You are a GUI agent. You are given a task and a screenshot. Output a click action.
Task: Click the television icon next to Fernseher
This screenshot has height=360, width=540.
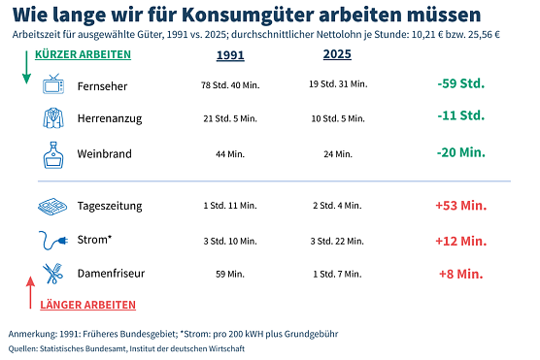coord(53,84)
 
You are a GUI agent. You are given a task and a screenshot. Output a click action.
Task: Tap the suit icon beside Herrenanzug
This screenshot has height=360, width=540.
coord(53,118)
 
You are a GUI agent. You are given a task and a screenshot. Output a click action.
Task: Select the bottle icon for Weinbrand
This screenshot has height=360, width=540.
coord(53,153)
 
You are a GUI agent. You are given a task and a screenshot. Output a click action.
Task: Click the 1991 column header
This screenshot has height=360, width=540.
coord(230,54)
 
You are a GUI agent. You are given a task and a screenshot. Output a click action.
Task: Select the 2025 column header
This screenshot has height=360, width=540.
coord(337,54)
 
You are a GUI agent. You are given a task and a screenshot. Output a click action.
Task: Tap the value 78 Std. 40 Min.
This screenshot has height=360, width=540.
coord(230,85)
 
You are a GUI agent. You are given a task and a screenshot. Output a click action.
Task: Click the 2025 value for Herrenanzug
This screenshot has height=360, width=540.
coord(337,119)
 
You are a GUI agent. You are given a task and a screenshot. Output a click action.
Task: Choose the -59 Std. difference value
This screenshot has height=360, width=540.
coord(459,83)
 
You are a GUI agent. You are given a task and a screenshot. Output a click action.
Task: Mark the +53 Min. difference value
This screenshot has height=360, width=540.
coord(459,206)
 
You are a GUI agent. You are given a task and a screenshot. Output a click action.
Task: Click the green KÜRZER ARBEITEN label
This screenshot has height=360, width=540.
coord(82,54)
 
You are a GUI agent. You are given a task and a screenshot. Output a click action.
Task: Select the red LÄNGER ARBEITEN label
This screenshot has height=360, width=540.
coord(87,305)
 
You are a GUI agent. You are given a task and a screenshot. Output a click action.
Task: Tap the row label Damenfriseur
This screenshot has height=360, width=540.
coord(111,274)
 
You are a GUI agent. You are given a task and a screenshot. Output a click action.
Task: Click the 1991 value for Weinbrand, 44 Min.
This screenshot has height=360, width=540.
coord(230,154)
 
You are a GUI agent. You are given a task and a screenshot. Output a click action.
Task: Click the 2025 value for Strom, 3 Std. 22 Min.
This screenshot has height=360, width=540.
coord(337,241)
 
